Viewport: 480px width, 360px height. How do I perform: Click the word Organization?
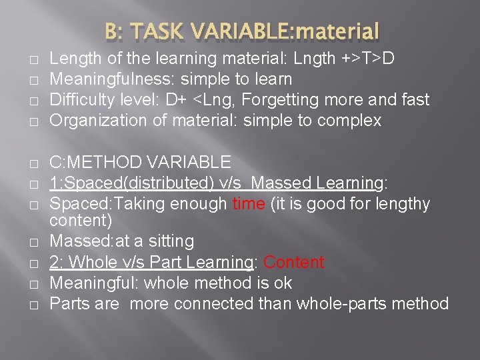90,121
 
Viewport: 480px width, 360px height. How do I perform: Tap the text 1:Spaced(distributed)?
119,183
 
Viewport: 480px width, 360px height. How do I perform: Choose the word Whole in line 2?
91,263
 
